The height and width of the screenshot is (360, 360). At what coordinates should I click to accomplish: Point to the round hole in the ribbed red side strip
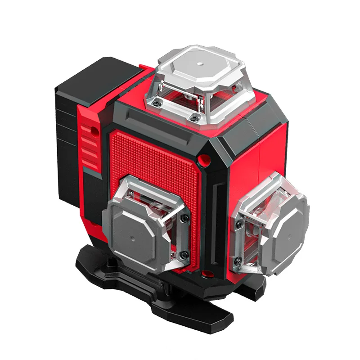coord(94,130)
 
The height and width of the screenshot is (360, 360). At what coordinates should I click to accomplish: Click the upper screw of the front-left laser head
coord(184,219)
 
